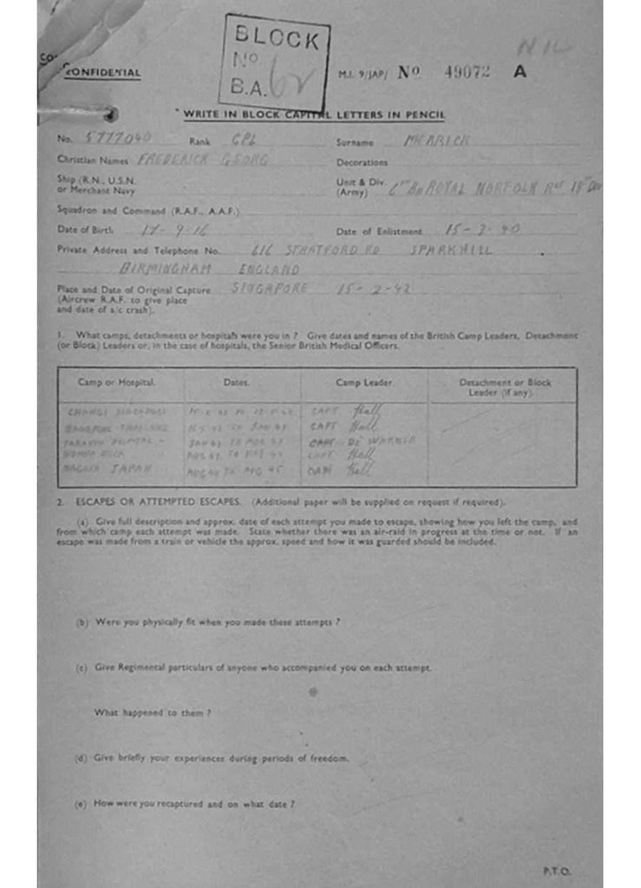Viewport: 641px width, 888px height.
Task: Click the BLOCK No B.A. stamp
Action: click(x=274, y=60)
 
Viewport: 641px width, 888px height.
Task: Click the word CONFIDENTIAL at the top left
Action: click(x=101, y=73)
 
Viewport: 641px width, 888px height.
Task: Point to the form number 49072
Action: click(x=467, y=73)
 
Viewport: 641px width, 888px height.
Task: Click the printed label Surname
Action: click(x=355, y=142)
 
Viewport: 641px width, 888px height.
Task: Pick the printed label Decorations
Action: click(x=362, y=162)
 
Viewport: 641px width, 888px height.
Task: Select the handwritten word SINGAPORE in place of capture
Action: click(x=269, y=289)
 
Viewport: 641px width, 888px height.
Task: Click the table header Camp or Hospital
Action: click(x=117, y=382)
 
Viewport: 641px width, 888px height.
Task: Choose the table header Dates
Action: click(x=236, y=382)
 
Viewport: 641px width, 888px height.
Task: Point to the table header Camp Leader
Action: click(x=363, y=382)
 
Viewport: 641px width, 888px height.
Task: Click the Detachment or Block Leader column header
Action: click(x=504, y=387)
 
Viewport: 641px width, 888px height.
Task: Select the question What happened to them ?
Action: click(x=153, y=713)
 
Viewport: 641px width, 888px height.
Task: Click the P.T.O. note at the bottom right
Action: click(x=557, y=872)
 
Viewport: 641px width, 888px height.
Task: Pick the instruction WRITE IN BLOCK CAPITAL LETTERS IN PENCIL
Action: click(x=311, y=114)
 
